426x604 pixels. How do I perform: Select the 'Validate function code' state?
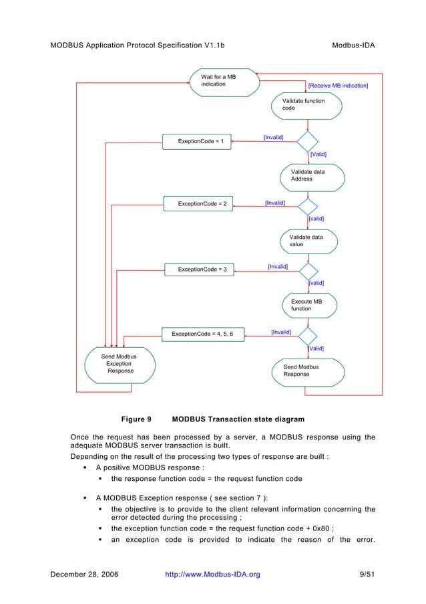tap(307, 105)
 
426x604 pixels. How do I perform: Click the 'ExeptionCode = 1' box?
tap(197, 141)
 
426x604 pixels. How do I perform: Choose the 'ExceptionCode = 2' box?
tap(198, 204)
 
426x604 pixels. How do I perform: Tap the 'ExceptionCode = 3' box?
tap(198, 269)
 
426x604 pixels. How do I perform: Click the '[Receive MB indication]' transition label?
tap(338, 86)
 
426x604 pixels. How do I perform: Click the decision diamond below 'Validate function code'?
tap(308, 141)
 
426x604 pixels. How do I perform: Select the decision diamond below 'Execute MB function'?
tap(308, 333)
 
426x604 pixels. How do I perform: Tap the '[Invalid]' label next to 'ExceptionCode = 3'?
tap(278, 266)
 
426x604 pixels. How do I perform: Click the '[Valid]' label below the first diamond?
tap(318, 154)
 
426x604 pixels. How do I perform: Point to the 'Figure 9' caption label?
tap(136, 420)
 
